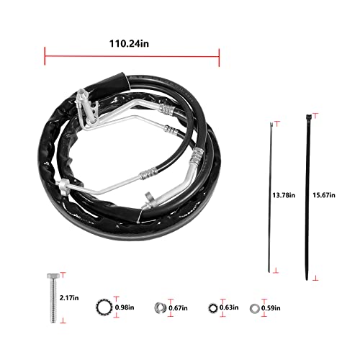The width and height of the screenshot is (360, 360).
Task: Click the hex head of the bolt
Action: tap(53, 277)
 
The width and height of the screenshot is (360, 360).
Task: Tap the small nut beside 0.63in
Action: tap(214, 307)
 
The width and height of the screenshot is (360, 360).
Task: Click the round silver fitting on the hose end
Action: tap(149, 194)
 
